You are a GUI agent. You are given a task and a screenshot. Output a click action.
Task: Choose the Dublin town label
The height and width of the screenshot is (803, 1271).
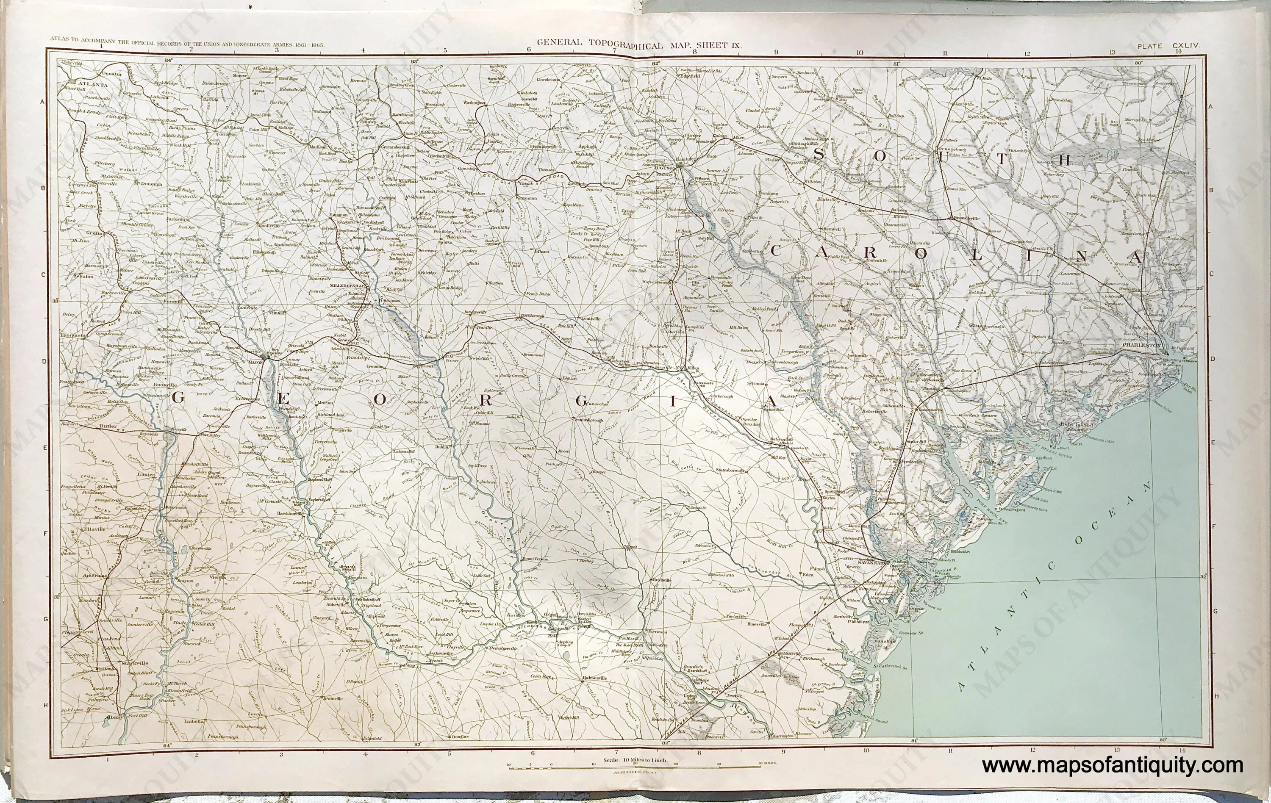tap(441, 447)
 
